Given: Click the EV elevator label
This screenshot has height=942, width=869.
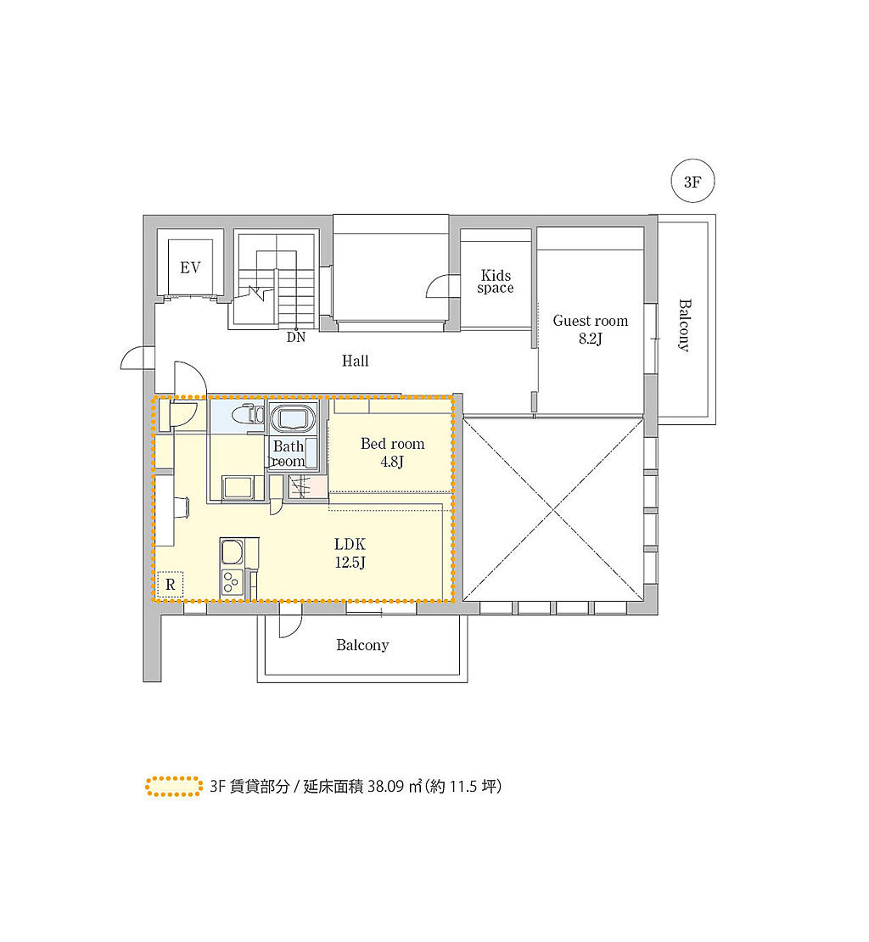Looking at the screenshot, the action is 190,267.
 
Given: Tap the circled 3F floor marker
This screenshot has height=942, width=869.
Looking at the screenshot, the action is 692,181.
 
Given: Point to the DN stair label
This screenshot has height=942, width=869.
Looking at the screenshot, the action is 296,337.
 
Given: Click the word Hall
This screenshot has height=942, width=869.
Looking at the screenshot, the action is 355,361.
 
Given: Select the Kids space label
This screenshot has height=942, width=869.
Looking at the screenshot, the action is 496,281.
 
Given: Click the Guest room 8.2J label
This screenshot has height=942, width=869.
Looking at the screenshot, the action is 591,329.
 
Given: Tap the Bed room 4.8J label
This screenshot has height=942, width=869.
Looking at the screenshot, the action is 392,452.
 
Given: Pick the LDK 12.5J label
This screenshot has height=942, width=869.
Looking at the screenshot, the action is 350,552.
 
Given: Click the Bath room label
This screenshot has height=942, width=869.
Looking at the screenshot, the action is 289,453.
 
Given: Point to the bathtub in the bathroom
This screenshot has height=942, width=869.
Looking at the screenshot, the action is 293,418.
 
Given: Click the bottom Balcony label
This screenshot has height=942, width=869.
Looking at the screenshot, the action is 362,645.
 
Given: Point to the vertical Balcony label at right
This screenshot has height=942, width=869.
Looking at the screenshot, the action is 685,325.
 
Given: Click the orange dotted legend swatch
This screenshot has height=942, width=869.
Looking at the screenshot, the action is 174,787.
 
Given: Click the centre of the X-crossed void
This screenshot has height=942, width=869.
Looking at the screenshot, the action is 552,511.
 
